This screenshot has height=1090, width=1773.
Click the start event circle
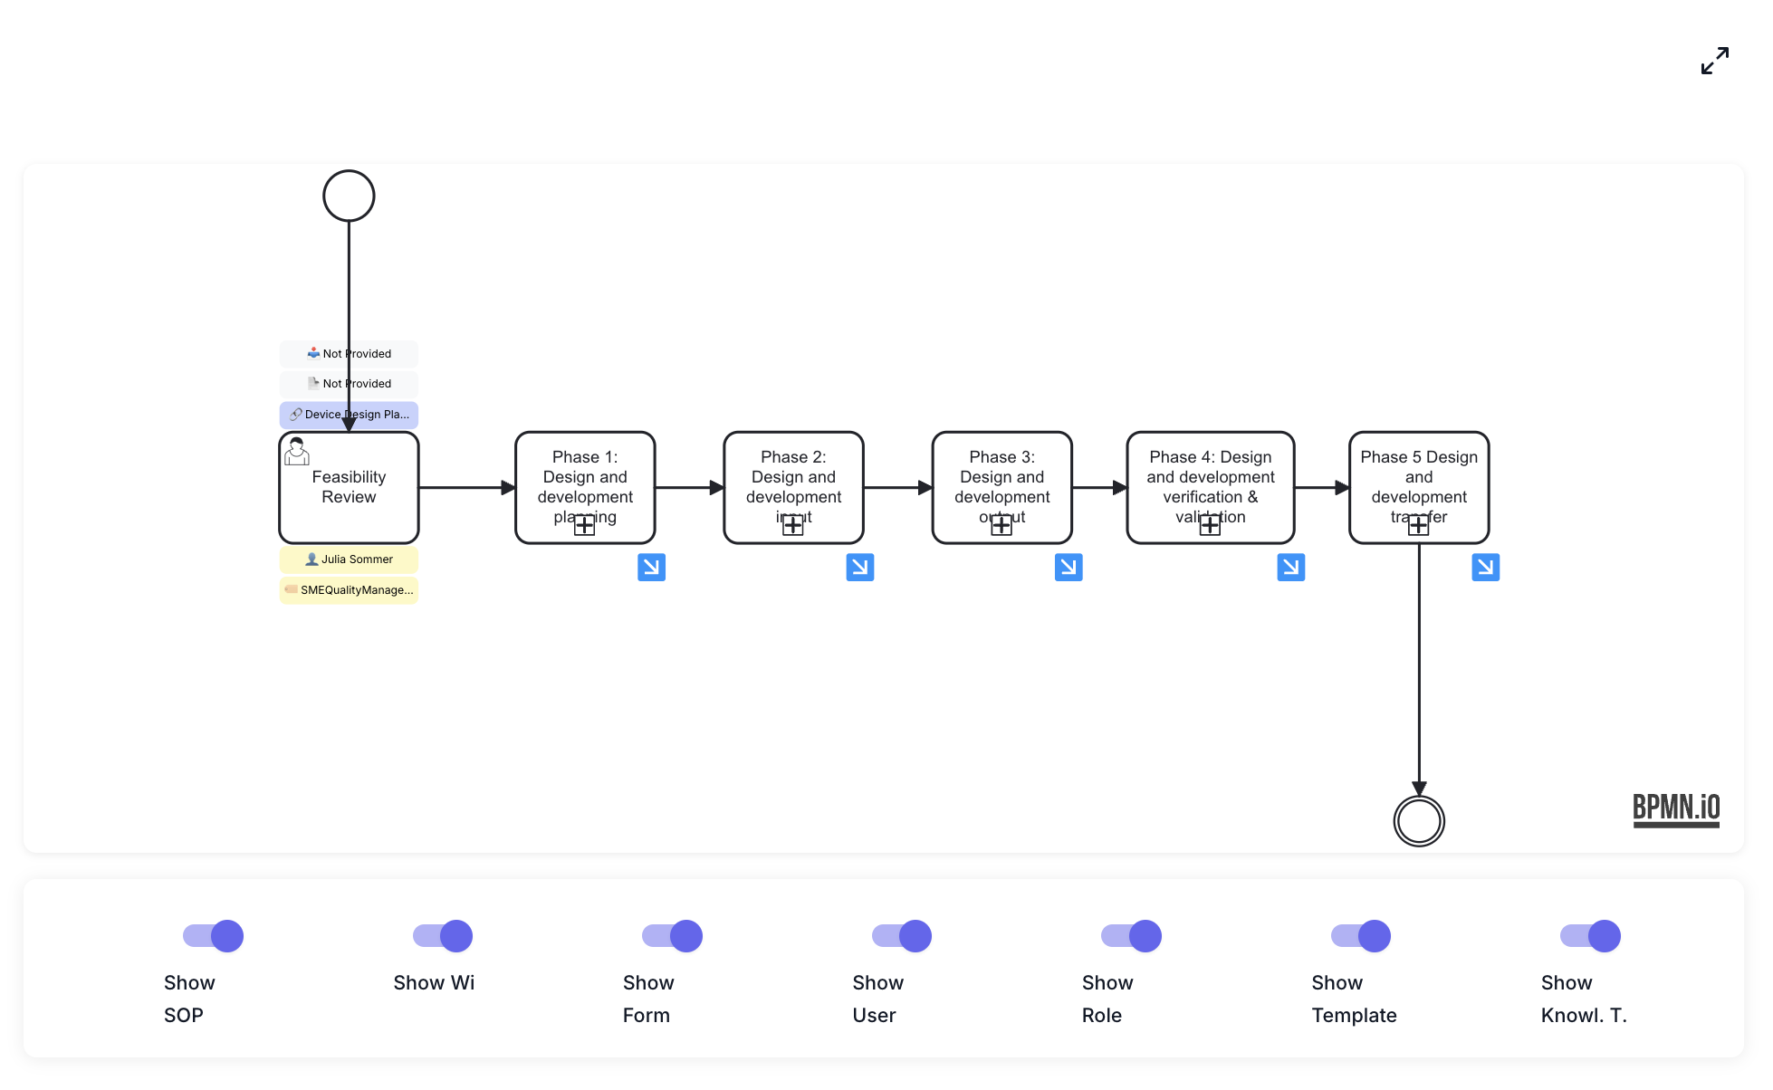[349, 196]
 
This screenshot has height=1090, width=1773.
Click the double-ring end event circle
[1418, 821]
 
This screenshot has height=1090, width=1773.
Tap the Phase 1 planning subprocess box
[585, 480]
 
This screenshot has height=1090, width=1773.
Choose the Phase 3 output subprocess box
[1002, 480]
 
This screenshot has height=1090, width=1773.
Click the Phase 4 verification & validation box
[1210, 480]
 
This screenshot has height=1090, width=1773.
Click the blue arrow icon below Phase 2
[859, 568]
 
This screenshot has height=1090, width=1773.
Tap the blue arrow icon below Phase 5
[1485, 568]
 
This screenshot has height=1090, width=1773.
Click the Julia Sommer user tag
[349, 559]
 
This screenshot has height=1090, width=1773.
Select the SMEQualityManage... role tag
[349, 590]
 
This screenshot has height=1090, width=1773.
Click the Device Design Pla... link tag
[349, 415]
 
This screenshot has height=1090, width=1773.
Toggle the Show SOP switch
[214, 936]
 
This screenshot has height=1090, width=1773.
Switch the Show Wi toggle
[443, 936]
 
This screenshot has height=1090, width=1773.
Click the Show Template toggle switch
[1361, 936]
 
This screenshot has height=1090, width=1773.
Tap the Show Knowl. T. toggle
[1590, 936]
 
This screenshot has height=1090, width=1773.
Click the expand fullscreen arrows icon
[1714, 61]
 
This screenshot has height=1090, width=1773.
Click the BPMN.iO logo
[1675, 808]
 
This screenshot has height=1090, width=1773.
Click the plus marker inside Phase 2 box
[793, 525]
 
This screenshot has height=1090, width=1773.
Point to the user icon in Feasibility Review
[297, 451]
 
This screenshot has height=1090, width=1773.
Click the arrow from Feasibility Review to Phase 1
[466, 488]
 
